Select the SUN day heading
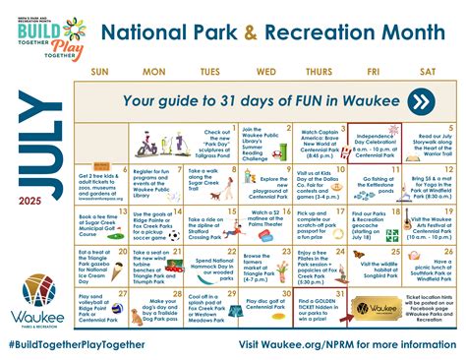pyautogui.click(x=99, y=73)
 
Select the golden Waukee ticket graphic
pyautogui.click(x=373, y=306)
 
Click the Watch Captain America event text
pyautogui.click(x=318, y=141)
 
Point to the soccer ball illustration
pyautogui.click(x=174, y=235)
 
